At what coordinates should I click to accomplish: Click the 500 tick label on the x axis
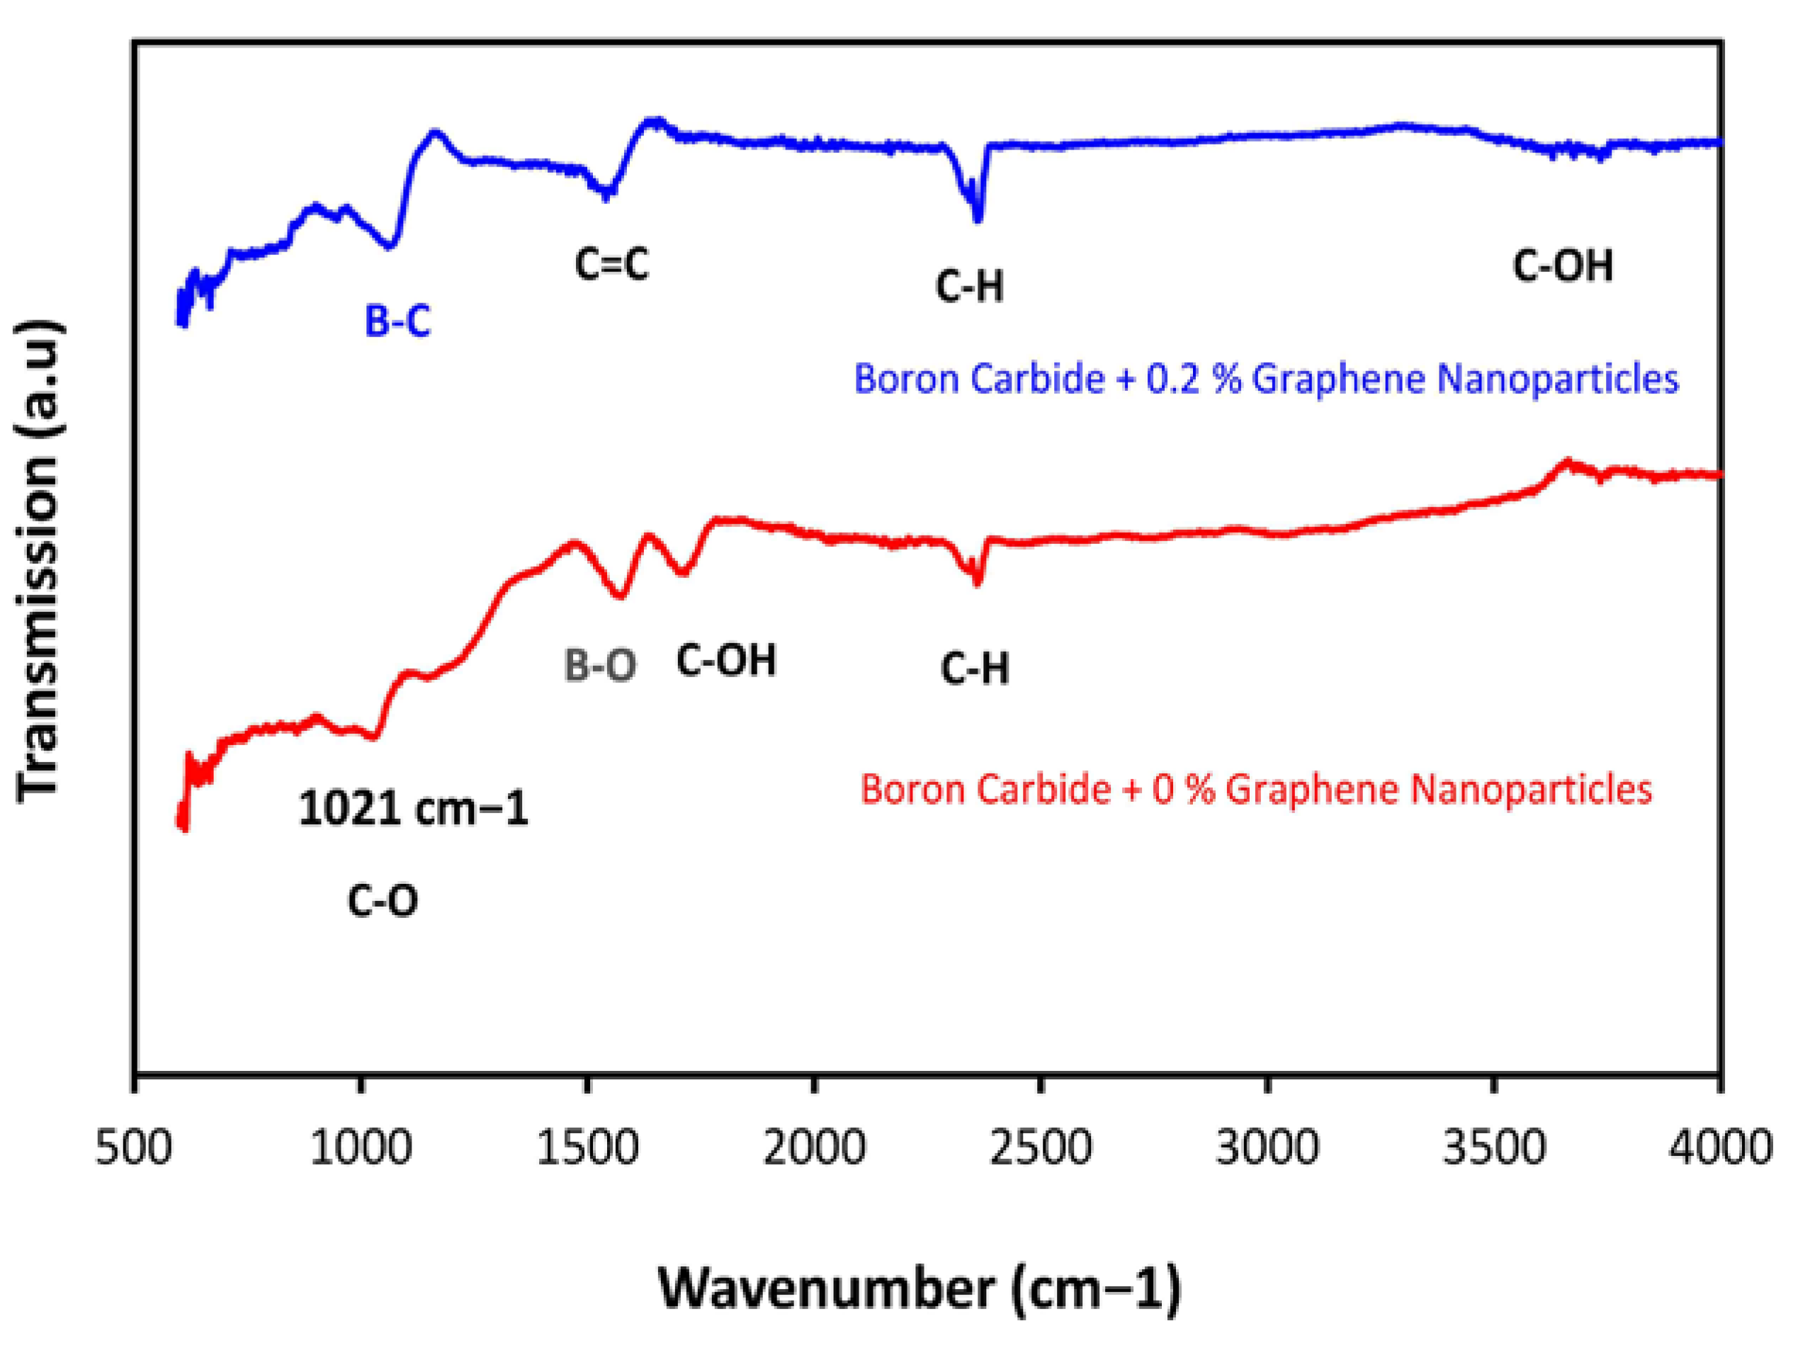[135, 1149]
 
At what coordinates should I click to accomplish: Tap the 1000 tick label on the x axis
[361, 1149]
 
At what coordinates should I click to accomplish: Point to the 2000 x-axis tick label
[814, 1149]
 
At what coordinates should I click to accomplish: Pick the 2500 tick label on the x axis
[1040, 1149]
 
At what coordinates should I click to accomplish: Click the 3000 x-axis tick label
[1267, 1149]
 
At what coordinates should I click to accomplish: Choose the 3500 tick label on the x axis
[1494, 1149]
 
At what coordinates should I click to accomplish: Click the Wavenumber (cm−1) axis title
[920, 1288]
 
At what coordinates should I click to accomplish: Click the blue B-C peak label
[397, 321]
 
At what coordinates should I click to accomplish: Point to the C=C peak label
[612, 264]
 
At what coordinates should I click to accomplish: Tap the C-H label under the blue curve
[969, 286]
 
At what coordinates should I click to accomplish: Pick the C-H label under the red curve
[975, 669]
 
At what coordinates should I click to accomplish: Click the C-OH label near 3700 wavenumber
[1563, 266]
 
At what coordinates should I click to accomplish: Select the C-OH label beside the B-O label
[726, 659]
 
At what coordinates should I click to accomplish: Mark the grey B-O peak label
[600, 666]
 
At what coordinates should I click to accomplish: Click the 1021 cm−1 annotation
[414, 809]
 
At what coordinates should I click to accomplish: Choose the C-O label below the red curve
[383, 900]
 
